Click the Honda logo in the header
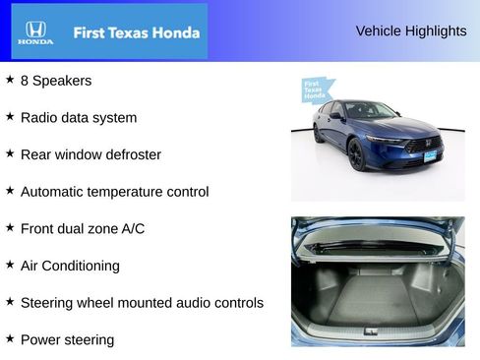click(x=34, y=32)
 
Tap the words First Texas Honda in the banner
click(x=136, y=32)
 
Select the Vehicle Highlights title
click(x=410, y=30)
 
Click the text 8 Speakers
click(x=56, y=81)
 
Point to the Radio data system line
click(x=79, y=117)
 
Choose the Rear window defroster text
click(x=90, y=154)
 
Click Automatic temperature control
click(x=114, y=192)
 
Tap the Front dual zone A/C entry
click(x=83, y=228)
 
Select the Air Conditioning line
click(x=70, y=266)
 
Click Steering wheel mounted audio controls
click(x=142, y=303)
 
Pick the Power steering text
click(x=67, y=340)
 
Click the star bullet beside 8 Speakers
click(x=10, y=80)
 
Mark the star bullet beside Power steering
click(x=10, y=339)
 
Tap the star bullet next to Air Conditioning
click(x=10, y=265)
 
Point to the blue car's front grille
click(x=424, y=144)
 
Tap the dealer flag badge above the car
click(x=315, y=90)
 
